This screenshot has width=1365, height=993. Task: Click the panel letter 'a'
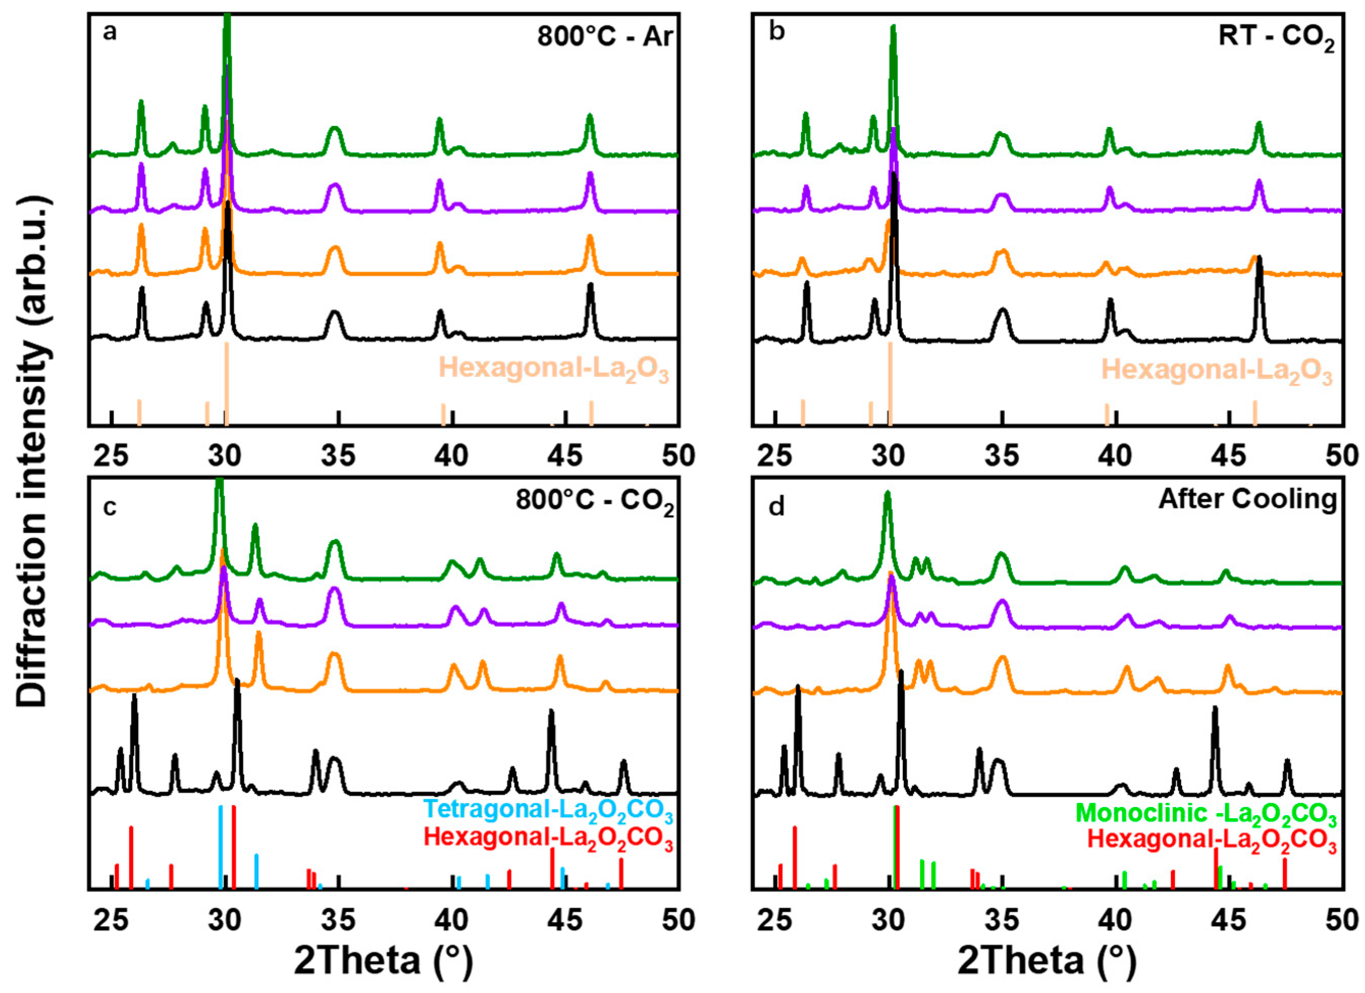pos(109,31)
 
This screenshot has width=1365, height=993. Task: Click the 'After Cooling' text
pos(1248,499)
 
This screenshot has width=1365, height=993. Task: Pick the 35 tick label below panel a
pos(338,456)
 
